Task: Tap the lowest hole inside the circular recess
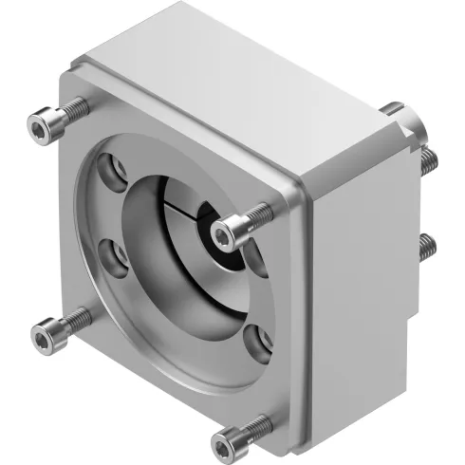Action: tap(254, 339)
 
